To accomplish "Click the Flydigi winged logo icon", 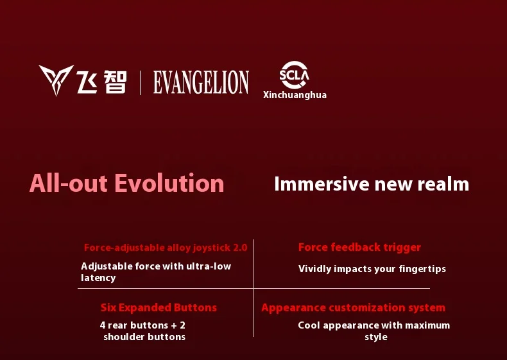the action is pyautogui.click(x=56, y=78).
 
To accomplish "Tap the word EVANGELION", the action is pyautogui.click(x=201, y=83).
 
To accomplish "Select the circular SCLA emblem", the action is pyautogui.click(x=294, y=74).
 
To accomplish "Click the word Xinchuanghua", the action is pyautogui.click(x=295, y=95).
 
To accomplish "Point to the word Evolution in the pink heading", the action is pyautogui.click(x=169, y=183).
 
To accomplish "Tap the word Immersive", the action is pyautogui.click(x=322, y=184).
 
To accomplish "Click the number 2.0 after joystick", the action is pyautogui.click(x=240, y=248).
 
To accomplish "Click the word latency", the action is pyautogui.click(x=98, y=278).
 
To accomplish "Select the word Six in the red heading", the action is pyautogui.click(x=108, y=307).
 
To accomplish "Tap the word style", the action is pyautogui.click(x=376, y=337).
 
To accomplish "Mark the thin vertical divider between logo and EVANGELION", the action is pyautogui.click(x=140, y=83).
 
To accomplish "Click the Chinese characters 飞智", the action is pyautogui.click(x=101, y=82).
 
